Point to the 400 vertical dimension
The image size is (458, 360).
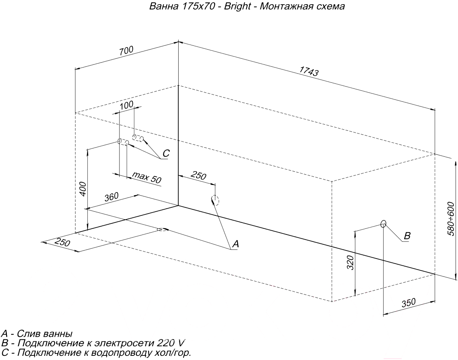(83, 189)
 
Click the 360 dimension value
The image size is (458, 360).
(111, 197)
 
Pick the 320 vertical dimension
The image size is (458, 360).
(351, 263)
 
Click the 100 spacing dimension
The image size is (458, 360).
(126, 105)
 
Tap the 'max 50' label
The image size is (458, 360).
(147, 177)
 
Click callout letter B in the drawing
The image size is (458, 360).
(407, 236)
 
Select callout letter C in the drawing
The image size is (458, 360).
(166, 153)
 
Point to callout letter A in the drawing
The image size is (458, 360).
(235, 244)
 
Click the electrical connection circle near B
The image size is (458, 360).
(384, 223)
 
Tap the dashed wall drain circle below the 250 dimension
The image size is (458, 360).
(215, 200)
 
